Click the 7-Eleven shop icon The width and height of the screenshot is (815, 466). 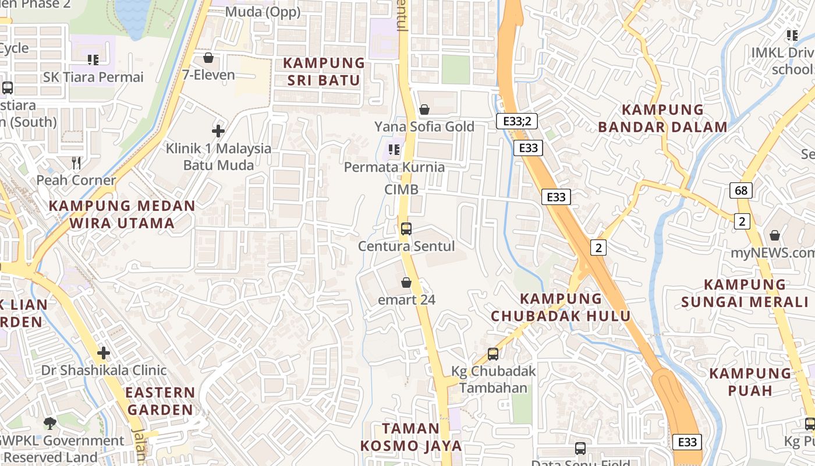(x=208, y=58)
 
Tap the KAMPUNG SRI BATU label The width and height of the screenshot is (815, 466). (x=324, y=72)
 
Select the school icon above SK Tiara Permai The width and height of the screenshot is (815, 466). (x=93, y=59)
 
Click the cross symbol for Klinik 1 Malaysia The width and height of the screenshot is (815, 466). (x=218, y=131)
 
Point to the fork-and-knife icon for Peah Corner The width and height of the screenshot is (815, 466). (x=76, y=163)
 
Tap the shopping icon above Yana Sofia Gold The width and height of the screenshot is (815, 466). (x=424, y=110)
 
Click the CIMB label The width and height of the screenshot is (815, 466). (x=401, y=189)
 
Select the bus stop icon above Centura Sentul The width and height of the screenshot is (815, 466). (x=406, y=228)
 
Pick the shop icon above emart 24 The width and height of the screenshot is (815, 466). (x=406, y=283)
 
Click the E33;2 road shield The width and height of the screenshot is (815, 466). (x=516, y=121)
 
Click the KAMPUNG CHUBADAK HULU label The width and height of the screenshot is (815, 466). (x=561, y=307)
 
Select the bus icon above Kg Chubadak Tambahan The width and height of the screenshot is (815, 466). (x=493, y=354)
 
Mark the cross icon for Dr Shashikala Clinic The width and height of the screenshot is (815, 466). (x=104, y=353)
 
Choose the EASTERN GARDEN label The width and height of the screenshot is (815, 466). (x=160, y=401)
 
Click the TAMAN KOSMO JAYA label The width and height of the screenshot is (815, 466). (x=411, y=437)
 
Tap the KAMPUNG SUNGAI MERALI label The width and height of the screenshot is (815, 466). (x=745, y=293)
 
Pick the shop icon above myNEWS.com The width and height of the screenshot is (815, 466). (x=775, y=235)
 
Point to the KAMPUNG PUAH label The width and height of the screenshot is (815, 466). (x=750, y=382)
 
